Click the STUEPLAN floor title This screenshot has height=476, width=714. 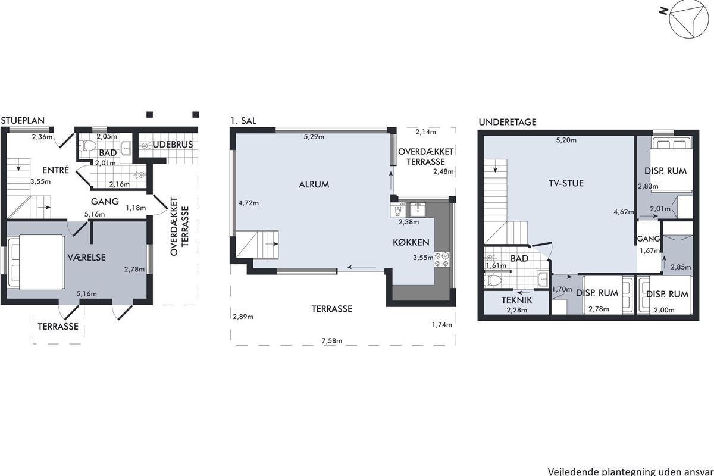coord(23,121)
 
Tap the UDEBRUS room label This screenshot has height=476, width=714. coord(173,145)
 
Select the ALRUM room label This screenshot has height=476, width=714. coord(314,184)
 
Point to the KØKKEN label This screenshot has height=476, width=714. coord(411,242)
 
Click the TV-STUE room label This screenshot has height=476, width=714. coord(566,183)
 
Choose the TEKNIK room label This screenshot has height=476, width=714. coord(516,300)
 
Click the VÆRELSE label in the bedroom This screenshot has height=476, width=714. coord(86,257)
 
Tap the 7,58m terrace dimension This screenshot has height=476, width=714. coord(332,341)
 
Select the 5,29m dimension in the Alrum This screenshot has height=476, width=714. coord(314,137)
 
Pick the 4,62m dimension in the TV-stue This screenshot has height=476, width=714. coord(624,212)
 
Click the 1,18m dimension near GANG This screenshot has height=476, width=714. coord(136,208)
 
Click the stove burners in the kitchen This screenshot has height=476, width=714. coord(441,259)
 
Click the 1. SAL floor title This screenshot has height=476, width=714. coord(243,121)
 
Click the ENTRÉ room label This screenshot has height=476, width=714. coord(55,170)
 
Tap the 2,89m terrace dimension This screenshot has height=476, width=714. coord(243,317)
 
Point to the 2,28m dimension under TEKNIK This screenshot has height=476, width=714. coord(516,309)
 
